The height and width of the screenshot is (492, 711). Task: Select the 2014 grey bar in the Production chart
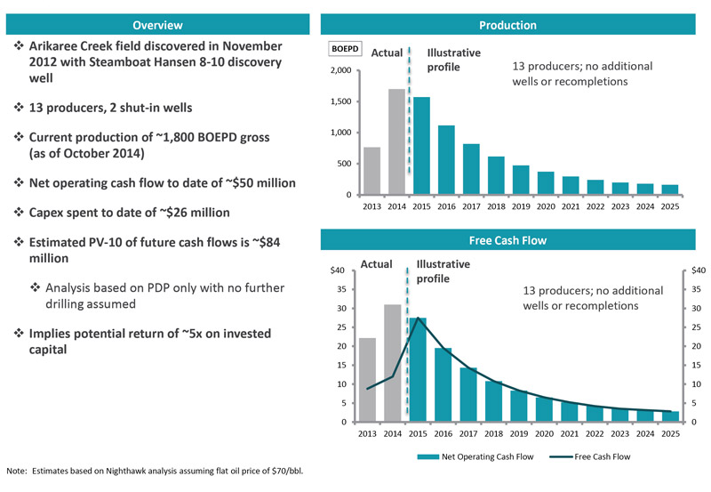396,141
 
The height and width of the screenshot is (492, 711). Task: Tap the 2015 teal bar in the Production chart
421,146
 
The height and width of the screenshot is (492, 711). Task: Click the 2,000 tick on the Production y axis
340,70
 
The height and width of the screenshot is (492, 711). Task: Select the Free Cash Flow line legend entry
586,456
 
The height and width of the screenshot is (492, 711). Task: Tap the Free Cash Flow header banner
520,240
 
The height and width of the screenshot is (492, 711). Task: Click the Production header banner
520,26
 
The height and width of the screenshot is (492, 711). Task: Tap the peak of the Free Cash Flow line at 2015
418,318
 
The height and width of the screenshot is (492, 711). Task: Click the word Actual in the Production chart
386,53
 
